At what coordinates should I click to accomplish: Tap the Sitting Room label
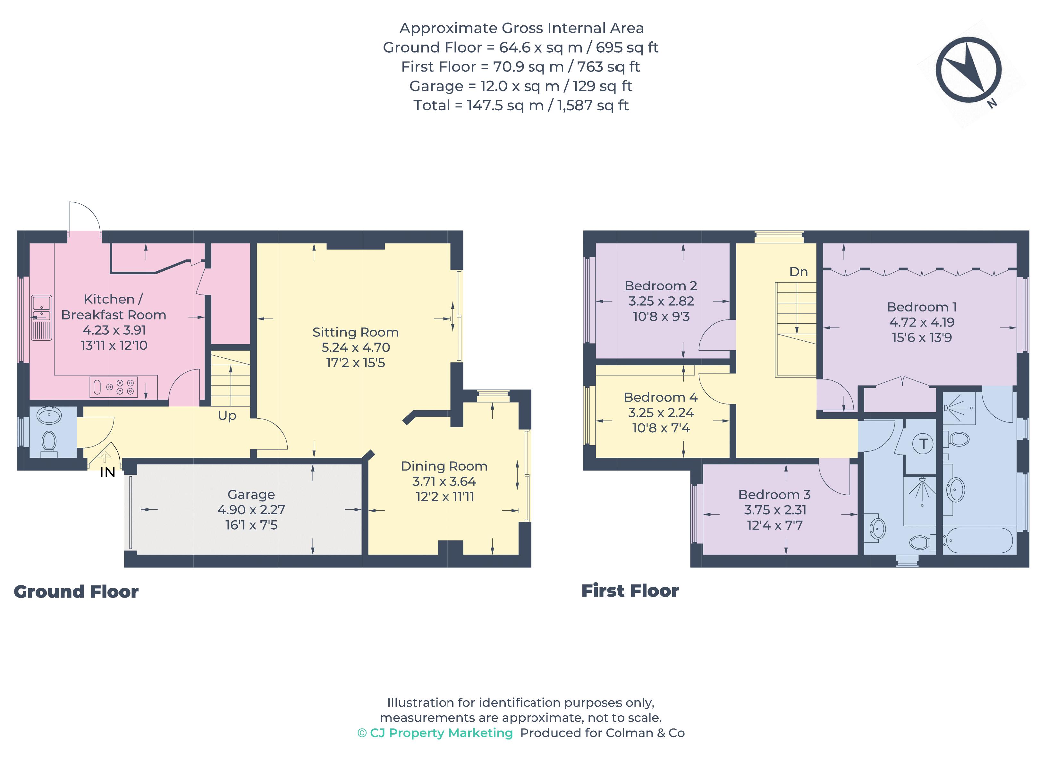coord(355,332)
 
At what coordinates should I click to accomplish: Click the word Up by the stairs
coord(227,416)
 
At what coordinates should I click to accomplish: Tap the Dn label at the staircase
coord(798,272)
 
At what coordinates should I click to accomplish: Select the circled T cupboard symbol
coord(923,444)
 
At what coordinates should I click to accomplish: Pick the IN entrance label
coord(107,472)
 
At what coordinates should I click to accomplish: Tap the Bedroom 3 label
coord(774,495)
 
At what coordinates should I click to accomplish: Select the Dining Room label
coord(444,466)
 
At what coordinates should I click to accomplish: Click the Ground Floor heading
coord(76,592)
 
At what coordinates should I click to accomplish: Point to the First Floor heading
coord(630,591)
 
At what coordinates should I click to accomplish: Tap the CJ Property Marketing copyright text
coord(435,733)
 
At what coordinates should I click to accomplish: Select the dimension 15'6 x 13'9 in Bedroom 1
coord(921,338)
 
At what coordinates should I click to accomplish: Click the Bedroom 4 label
coord(660,397)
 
